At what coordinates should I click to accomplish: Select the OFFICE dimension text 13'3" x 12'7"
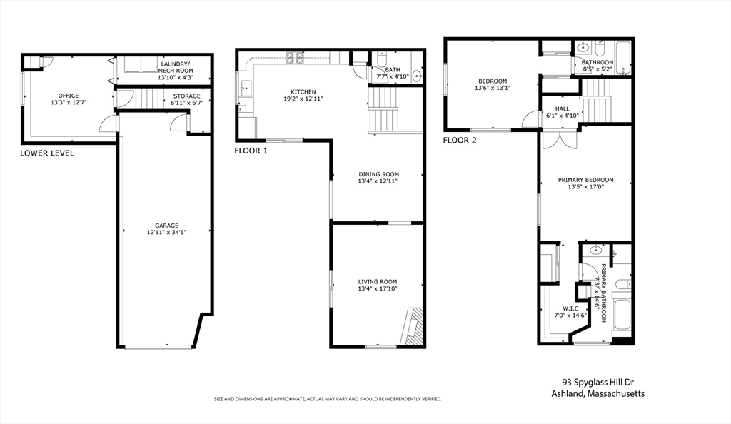[x=69, y=103]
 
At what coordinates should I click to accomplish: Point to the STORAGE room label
[x=187, y=96]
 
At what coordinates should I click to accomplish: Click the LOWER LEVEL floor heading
[x=47, y=153]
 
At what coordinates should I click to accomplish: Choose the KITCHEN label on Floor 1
[x=303, y=91]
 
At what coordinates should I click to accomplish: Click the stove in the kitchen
[x=295, y=57]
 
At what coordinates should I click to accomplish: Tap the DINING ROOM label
[x=378, y=174]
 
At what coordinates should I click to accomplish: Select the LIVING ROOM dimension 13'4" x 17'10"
[x=378, y=289]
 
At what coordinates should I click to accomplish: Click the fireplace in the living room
[x=413, y=326]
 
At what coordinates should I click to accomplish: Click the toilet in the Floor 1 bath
[x=381, y=59]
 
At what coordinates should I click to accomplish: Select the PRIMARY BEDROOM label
[x=585, y=180]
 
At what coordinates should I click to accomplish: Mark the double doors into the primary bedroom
[x=554, y=138]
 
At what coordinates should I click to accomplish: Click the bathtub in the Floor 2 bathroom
[x=622, y=57]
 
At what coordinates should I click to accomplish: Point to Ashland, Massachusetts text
[x=598, y=394]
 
